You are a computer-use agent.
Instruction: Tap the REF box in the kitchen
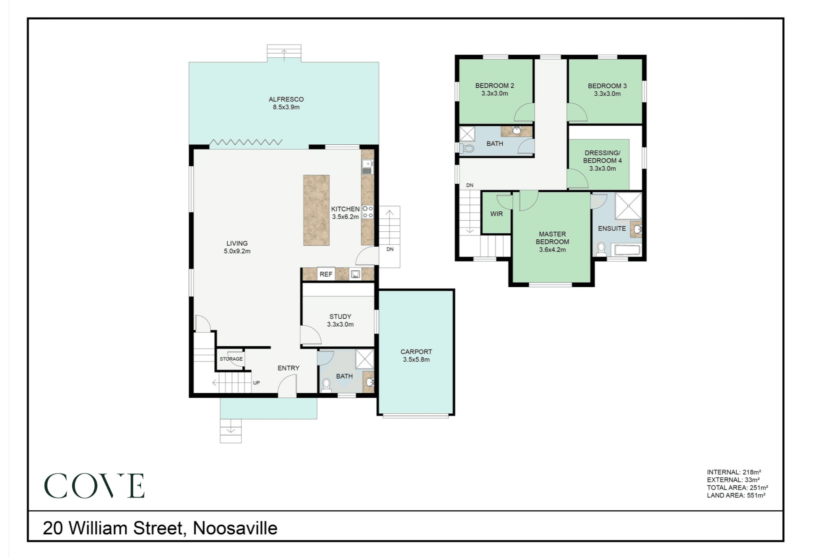pos(326,274)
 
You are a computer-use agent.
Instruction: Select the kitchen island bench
pos(316,210)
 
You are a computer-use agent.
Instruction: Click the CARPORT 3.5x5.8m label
pos(416,356)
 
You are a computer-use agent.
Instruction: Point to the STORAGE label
pos(231,359)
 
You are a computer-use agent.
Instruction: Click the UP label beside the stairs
pos(256,383)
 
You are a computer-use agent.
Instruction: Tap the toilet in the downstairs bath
pos(326,385)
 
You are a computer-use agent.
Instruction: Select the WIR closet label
pos(496,214)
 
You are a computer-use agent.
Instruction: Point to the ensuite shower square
pos(628,206)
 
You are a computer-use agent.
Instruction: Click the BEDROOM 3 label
pos(607,86)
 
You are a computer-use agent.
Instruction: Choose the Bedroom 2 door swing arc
pos(524,112)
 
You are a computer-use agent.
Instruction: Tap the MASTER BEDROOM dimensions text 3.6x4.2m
pos(552,250)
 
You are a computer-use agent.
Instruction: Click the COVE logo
pos(94,486)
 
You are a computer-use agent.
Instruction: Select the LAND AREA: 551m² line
pos(736,495)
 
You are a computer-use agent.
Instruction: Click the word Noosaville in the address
pos(235,528)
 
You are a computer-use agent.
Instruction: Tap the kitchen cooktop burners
pos(367,212)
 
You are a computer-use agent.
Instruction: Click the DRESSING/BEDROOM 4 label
pos(602,157)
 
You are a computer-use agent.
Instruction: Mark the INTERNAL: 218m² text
pos(734,472)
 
